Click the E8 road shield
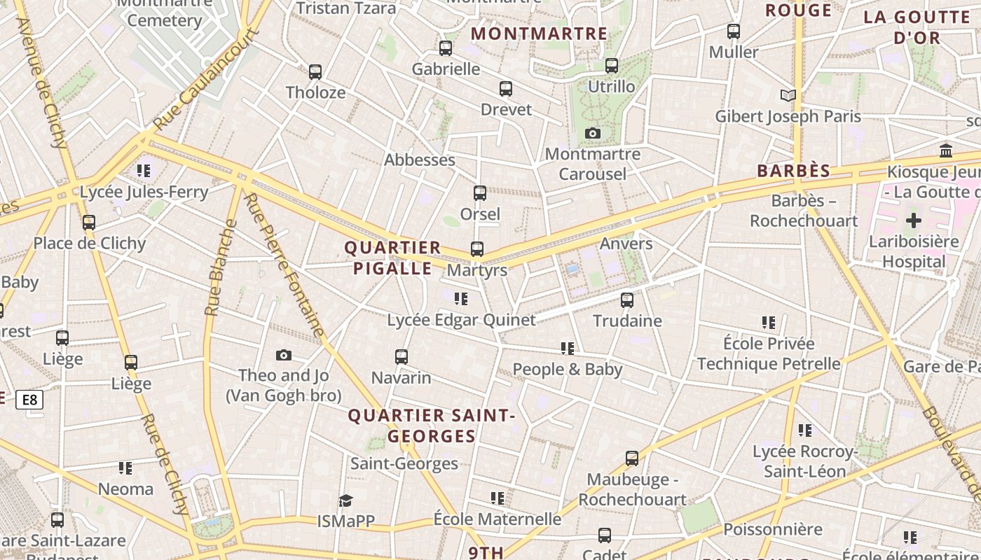pyautogui.click(x=29, y=400)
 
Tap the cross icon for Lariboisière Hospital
pyautogui.click(x=913, y=221)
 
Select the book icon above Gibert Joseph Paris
pyautogui.click(x=788, y=95)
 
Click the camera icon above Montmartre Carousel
pyautogui.click(x=592, y=133)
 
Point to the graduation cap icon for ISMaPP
pyautogui.click(x=345, y=500)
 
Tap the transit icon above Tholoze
pyautogui.click(x=315, y=71)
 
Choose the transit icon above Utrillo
pyautogui.click(x=612, y=66)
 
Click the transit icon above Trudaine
pyautogui.click(x=627, y=300)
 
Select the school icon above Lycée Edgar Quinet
pyautogui.click(x=461, y=299)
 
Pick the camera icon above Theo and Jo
pyautogui.click(x=283, y=355)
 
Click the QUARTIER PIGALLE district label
pyautogui.click(x=392, y=258)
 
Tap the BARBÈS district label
pyautogui.click(x=794, y=171)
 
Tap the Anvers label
pyautogui.click(x=626, y=244)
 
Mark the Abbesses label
pyautogui.click(x=420, y=160)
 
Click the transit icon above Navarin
pyautogui.click(x=402, y=357)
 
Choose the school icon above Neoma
pyautogui.click(x=125, y=468)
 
